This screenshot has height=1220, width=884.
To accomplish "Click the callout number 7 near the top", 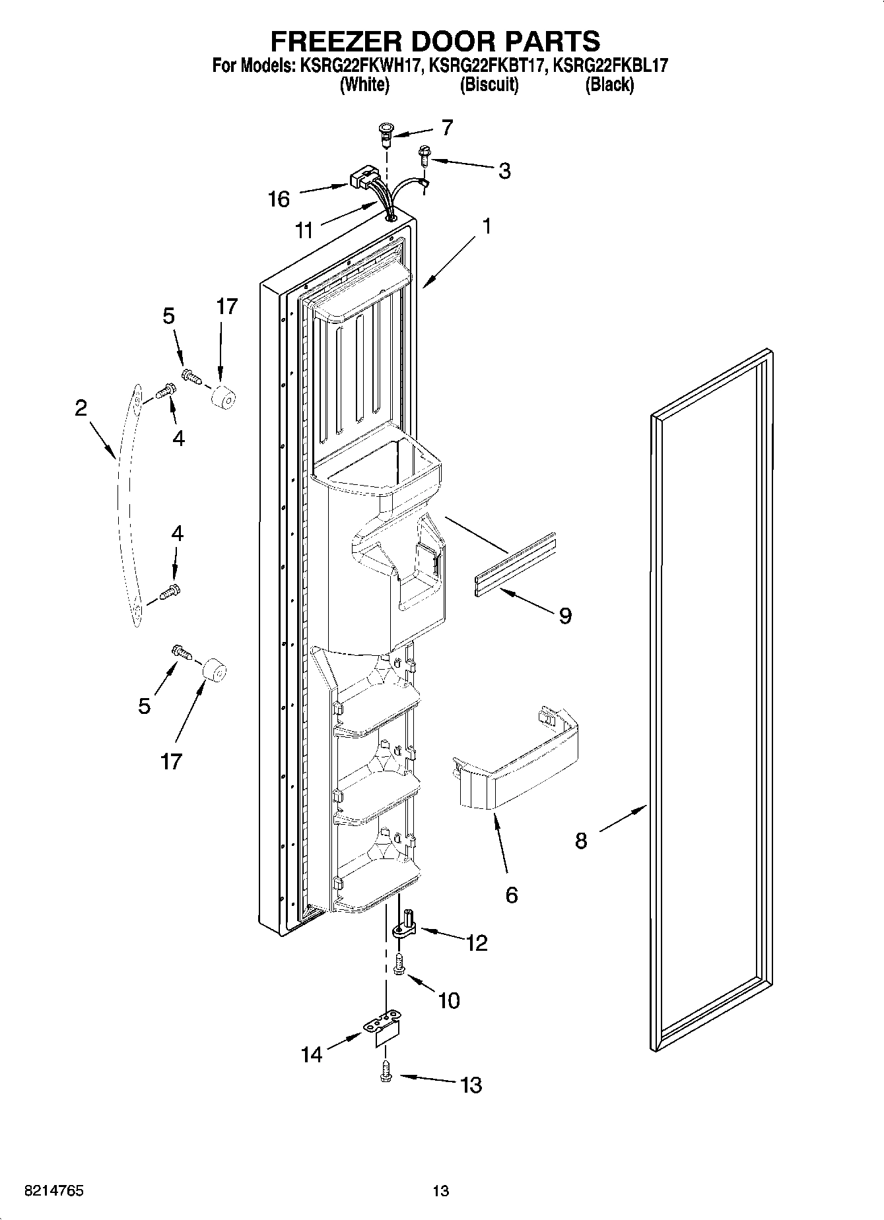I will click(447, 127).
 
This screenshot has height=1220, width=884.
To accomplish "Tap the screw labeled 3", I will click(423, 157).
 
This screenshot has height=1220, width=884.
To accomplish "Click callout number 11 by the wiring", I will click(304, 230).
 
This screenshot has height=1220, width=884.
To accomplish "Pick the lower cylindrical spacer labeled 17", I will click(214, 672).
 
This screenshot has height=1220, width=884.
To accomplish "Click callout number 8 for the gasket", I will click(581, 841).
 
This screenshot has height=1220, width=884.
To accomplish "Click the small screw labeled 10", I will click(399, 964).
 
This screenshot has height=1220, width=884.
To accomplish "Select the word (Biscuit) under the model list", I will click(489, 84).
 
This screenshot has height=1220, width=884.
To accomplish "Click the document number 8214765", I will click(53, 1191).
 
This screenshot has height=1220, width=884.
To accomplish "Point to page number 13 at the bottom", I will click(441, 1191).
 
